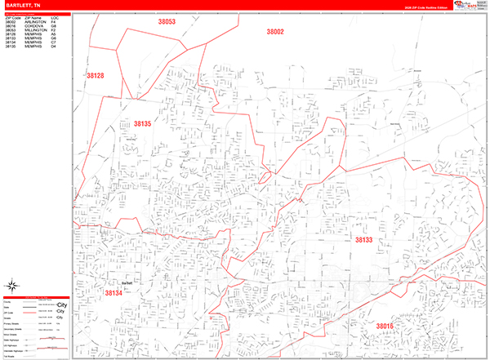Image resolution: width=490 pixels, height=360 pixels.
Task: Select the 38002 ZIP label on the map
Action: [274, 32]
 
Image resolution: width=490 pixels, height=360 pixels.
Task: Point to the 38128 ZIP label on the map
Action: [96, 75]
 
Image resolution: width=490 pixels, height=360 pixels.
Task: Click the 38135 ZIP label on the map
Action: [142, 123]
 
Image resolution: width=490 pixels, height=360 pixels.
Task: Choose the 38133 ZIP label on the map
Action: [363, 240]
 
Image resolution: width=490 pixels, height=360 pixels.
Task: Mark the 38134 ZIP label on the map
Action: [113, 291]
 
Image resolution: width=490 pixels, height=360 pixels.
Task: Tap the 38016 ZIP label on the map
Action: [385, 326]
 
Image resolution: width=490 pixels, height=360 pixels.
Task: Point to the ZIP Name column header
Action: [33, 16]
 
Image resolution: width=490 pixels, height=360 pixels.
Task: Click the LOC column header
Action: [54, 16]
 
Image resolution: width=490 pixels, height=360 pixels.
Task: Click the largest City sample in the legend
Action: [61, 305]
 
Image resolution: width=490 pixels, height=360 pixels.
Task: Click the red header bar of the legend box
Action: [36, 298]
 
